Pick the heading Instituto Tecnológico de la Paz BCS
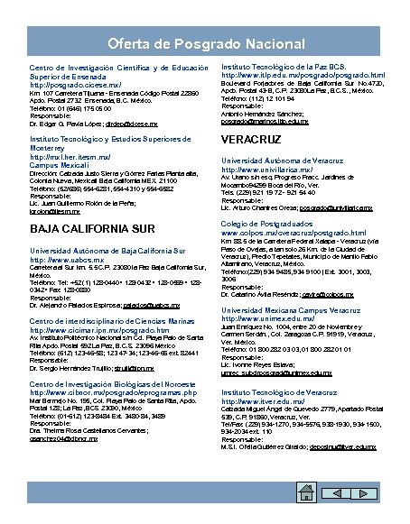[284, 67]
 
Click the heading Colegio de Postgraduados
[273, 223]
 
